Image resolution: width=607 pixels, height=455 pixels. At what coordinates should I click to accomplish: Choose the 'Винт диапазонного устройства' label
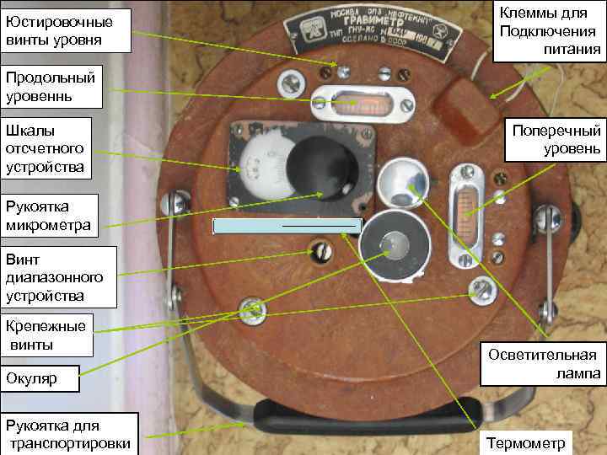pos(57,276)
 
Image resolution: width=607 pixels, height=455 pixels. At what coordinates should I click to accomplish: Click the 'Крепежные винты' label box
pos(46,335)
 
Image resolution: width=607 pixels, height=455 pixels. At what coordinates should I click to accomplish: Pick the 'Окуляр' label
pos(40,378)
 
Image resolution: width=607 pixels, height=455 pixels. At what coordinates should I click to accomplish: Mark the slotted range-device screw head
pos(320,251)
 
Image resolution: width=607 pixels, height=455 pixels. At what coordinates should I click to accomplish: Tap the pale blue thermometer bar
pos(287,225)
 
